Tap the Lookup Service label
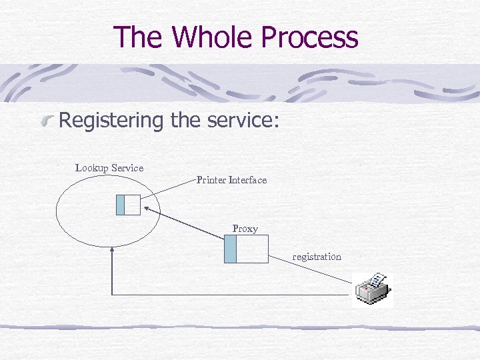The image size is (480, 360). point(109,168)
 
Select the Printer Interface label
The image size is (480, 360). point(231,180)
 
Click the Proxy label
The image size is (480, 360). point(245,229)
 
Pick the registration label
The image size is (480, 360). point(317,257)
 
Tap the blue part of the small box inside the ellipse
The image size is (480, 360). point(120,205)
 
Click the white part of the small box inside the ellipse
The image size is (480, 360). point(132,205)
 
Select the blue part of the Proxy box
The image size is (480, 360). point(230,249)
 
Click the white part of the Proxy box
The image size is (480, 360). point(252,249)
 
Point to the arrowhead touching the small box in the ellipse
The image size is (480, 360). point(146,210)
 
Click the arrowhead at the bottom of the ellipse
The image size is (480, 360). point(112,251)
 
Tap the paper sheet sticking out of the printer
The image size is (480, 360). point(377,281)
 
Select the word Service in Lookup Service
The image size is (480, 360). point(127,168)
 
